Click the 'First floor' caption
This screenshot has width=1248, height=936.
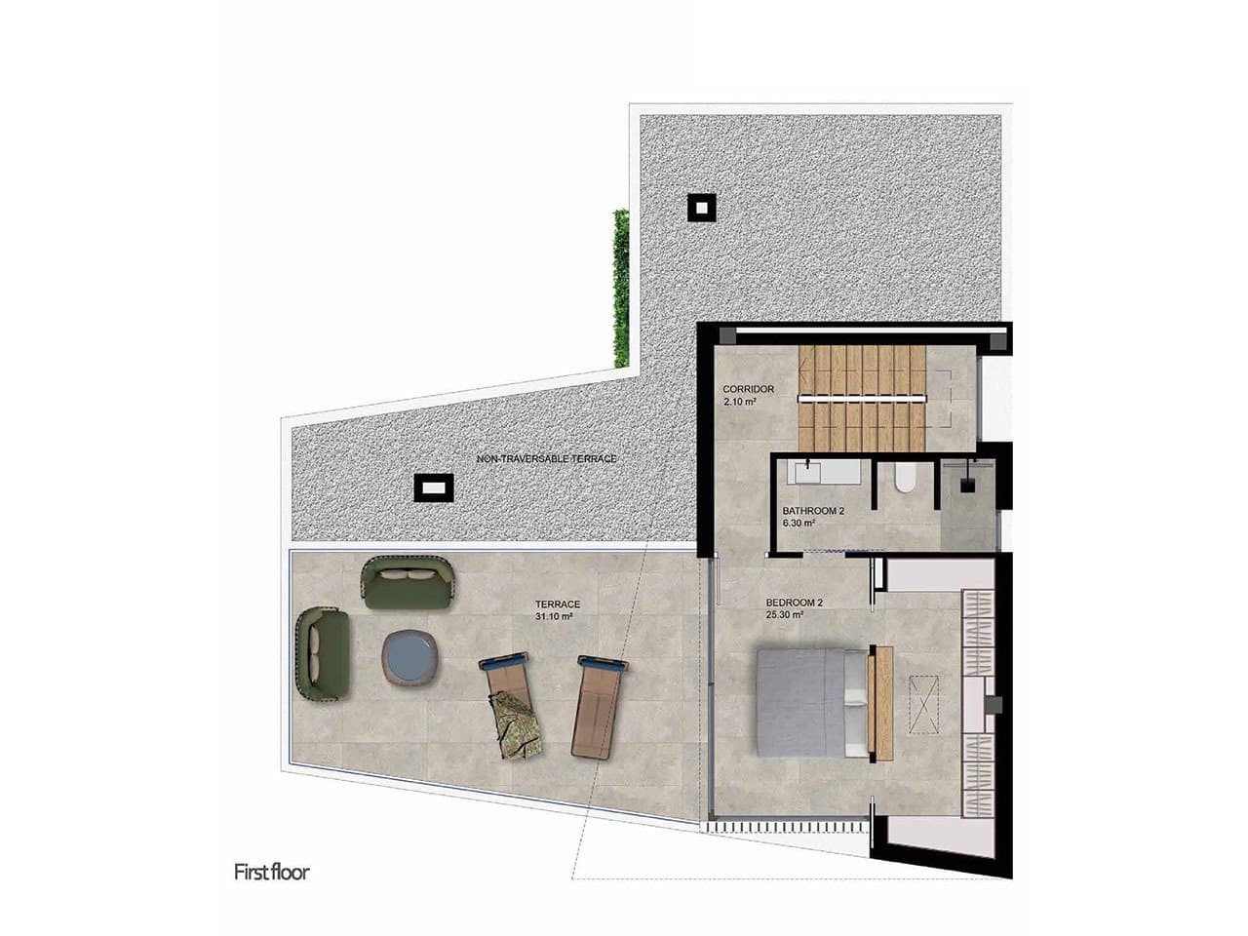(x=271, y=872)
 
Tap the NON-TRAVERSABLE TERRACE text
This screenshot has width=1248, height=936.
(x=546, y=458)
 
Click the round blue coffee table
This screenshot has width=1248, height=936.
(x=412, y=660)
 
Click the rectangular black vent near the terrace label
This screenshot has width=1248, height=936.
(x=432, y=487)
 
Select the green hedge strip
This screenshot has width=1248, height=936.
(x=619, y=289)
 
